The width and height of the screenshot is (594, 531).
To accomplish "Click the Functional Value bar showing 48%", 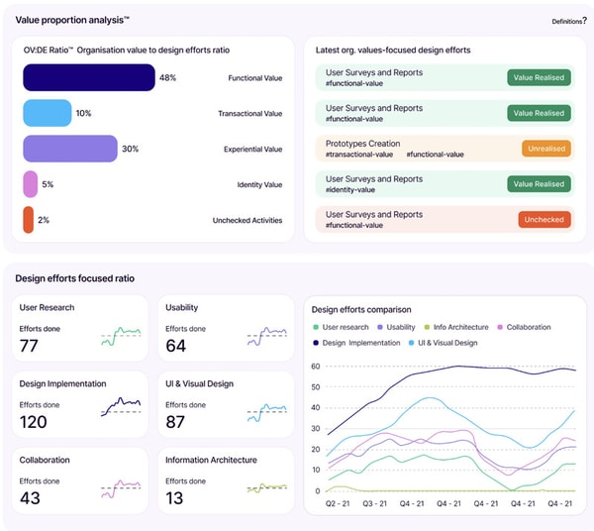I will coord(89,77).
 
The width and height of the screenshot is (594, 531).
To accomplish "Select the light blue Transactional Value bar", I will coord(48,113).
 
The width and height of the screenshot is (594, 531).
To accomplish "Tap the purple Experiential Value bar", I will coord(70,149).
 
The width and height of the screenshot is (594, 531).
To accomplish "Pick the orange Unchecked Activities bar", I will coord(29,220).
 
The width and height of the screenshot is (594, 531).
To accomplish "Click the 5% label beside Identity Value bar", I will coord(48,184).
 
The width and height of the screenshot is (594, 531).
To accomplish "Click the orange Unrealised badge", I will coord(546,149).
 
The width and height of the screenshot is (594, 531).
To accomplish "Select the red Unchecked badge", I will coord(544,220).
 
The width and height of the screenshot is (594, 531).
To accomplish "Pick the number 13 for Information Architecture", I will coord(175,498).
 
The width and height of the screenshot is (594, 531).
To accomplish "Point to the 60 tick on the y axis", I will coord(316,366).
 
